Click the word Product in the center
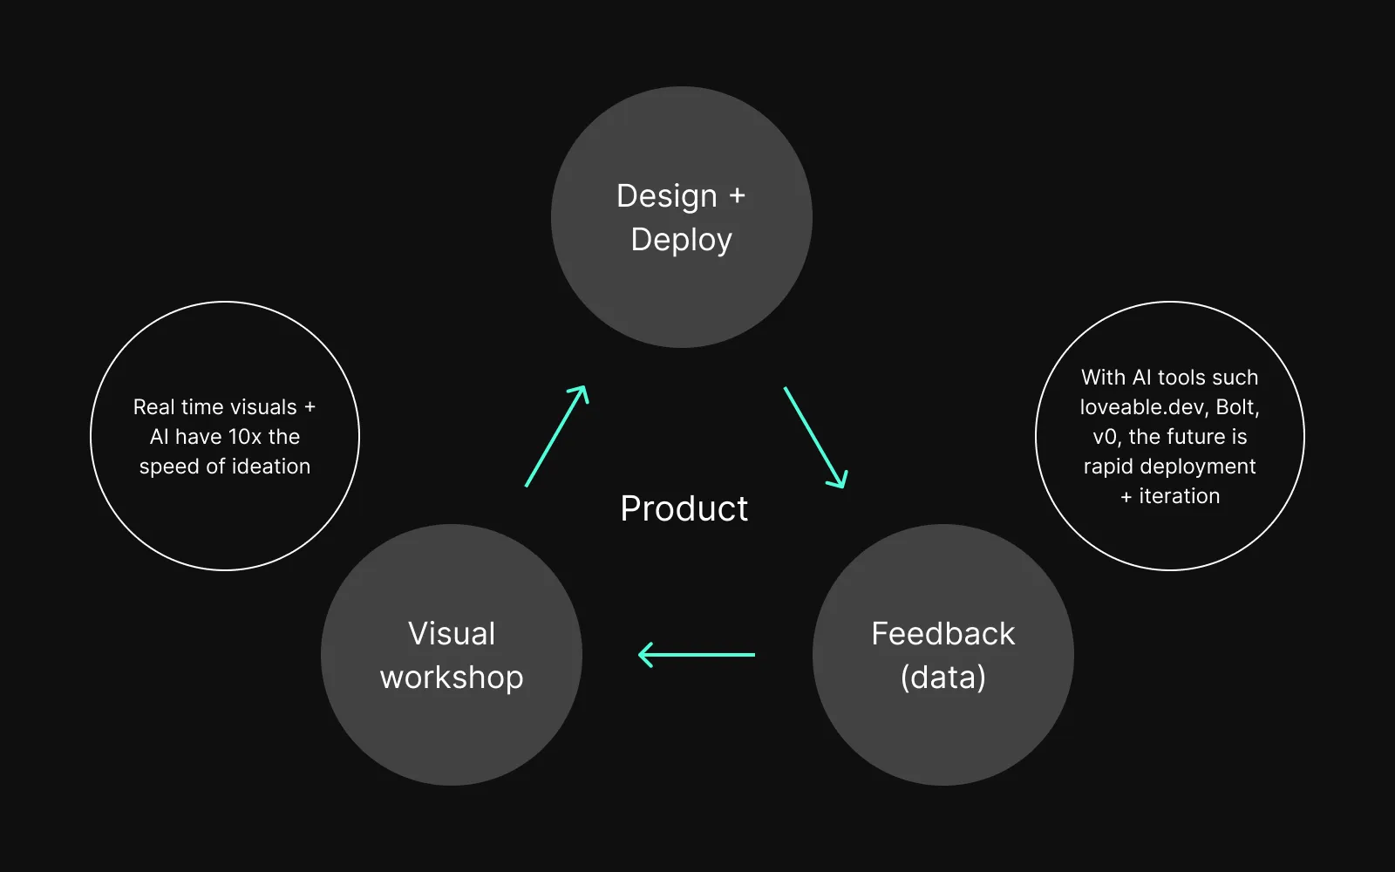(684, 508)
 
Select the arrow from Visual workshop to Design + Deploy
(557, 436)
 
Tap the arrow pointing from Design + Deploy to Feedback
(815, 437)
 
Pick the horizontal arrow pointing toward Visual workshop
(697, 654)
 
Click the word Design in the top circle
(666, 196)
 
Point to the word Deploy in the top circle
(681, 240)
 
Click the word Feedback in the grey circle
(942, 634)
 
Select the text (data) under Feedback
(942, 678)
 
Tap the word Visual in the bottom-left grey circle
(452, 634)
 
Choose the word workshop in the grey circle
(452, 678)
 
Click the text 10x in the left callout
(245, 437)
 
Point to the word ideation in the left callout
(270, 467)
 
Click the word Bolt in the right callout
(1235, 407)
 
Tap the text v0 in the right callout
(1105, 437)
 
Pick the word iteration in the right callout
(1179, 496)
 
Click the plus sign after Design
(738, 196)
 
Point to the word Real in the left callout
(153, 407)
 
